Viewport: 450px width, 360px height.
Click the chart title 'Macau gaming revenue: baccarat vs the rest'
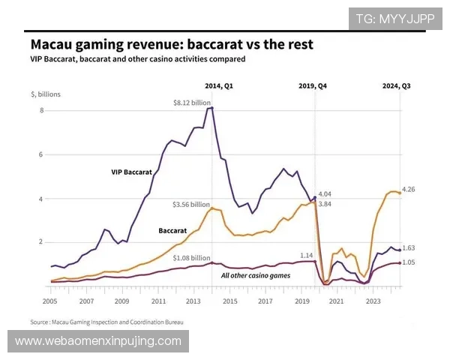tap(169, 44)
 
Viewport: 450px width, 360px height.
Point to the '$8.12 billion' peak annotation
tap(190, 102)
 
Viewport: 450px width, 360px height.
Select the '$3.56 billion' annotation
tap(190, 204)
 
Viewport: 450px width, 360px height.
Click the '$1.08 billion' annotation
tap(190, 258)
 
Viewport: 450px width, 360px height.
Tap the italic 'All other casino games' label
tap(256, 275)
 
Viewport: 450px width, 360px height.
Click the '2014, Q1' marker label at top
tap(219, 85)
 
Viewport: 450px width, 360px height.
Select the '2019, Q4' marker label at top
tap(313, 85)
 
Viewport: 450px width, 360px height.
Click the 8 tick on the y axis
tap(42, 110)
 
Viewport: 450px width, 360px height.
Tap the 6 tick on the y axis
tap(42, 154)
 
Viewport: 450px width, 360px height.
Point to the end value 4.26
tap(408, 189)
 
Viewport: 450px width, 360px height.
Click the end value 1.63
tap(409, 247)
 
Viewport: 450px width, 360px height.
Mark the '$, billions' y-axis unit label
tap(46, 94)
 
